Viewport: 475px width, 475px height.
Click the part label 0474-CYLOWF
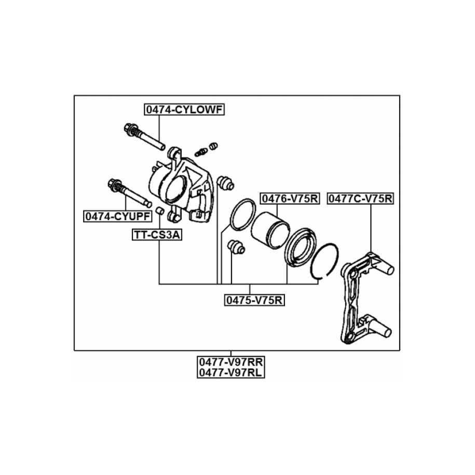[x=184, y=110]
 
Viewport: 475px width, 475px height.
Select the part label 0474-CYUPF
[x=118, y=215]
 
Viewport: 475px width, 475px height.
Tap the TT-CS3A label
[x=157, y=235]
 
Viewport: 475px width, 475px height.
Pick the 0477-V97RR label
[x=230, y=361]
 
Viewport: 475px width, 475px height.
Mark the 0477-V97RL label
[x=230, y=372]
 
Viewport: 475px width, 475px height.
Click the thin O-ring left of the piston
[x=242, y=214]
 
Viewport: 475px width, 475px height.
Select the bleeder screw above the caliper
[x=201, y=151]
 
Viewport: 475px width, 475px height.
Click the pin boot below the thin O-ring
[x=236, y=247]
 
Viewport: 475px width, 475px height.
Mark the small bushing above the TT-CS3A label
[x=160, y=211]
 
